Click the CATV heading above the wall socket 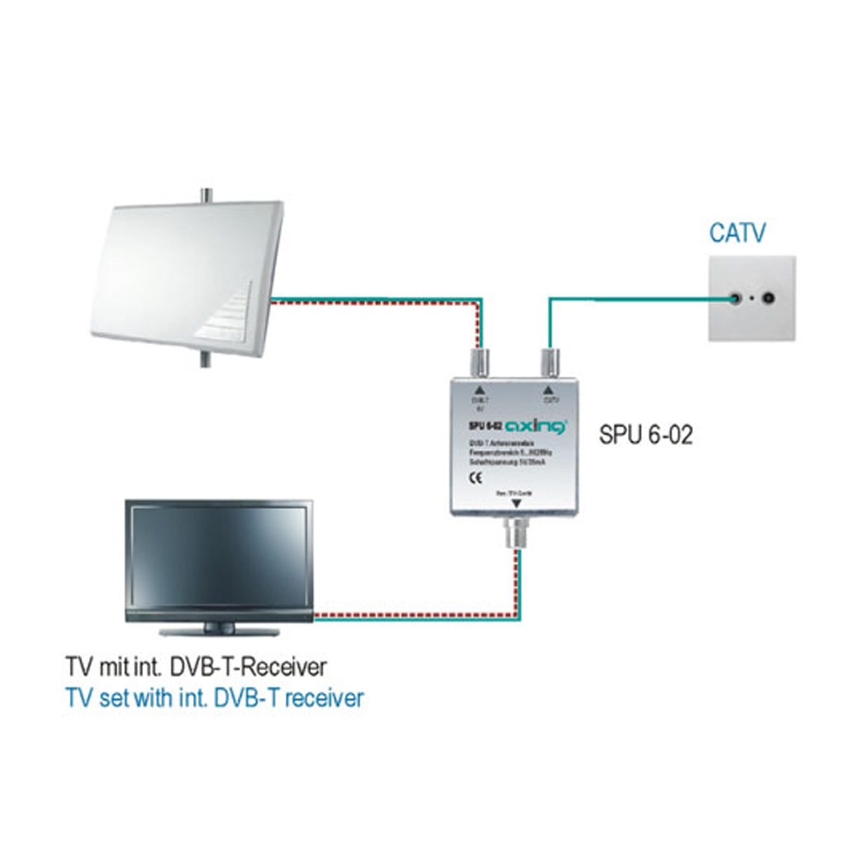click(x=737, y=233)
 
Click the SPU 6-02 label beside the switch click(x=646, y=435)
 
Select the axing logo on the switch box click(x=536, y=426)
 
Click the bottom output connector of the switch click(x=516, y=534)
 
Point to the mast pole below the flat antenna click(x=206, y=359)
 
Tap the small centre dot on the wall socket click(x=753, y=298)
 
